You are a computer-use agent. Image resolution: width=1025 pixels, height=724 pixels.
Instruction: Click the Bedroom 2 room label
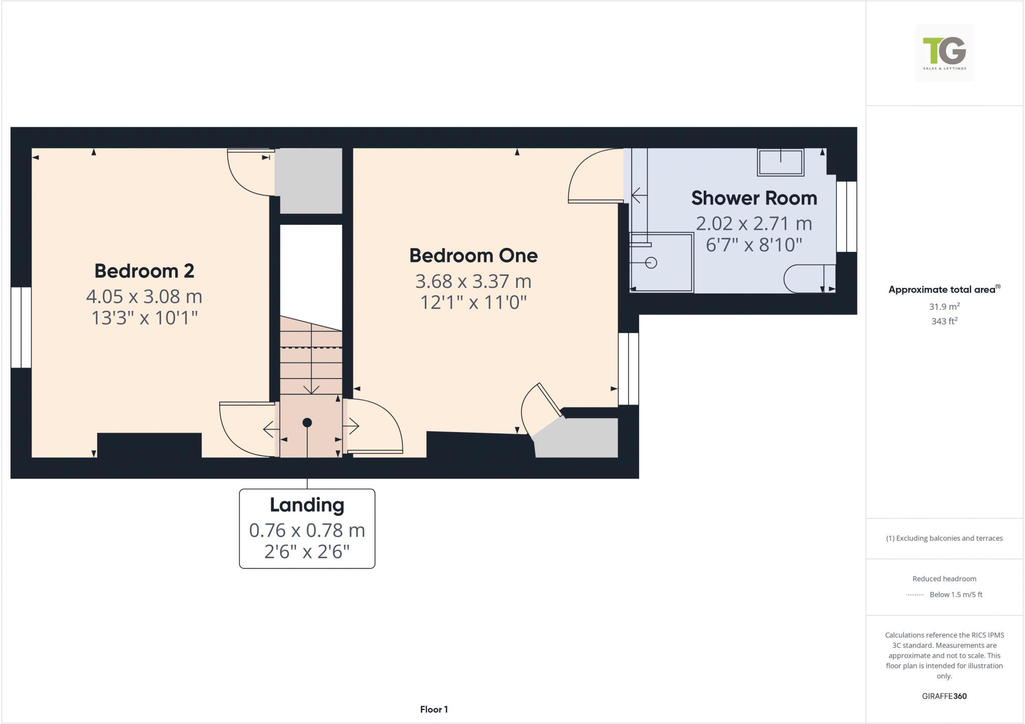(x=144, y=271)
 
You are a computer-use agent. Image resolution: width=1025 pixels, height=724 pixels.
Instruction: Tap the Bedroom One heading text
(x=473, y=255)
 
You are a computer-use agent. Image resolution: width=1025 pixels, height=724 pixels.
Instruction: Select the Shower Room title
(x=754, y=198)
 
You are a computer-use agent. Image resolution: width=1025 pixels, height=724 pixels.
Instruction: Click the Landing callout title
(x=307, y=505)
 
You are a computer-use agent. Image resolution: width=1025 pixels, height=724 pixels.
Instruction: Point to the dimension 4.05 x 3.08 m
(x=144, y=296)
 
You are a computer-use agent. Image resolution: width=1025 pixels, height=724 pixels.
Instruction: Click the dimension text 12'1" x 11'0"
(x=473, y=302)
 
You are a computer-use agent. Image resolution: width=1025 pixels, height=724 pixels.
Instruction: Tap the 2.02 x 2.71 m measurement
(x=754, y=223)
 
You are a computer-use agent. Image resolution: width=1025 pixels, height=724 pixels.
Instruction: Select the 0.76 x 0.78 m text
(x=307, y=530)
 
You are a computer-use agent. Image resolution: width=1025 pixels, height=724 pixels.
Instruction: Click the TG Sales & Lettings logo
(x=944, y=53)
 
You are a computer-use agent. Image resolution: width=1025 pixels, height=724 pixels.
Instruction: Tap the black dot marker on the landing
(x=307, y=423)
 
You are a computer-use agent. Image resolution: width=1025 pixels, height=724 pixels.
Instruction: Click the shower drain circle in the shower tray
(x=651, y=262)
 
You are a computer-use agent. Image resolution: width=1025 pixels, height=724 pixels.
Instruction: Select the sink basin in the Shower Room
(x=780, y=162)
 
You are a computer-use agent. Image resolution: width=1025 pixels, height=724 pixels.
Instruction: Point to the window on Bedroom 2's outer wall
(x=21, y=327)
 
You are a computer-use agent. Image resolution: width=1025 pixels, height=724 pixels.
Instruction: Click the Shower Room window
(x=846, y=216)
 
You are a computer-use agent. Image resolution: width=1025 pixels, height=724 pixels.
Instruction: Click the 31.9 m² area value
(x=944, y=306)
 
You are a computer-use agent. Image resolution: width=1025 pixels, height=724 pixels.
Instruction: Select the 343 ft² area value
(x=944, y=321)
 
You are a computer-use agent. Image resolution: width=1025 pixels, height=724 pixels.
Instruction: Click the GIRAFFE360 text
(x=944, y=696)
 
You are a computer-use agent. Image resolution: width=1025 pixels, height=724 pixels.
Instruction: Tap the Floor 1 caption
(x=433, y=709)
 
